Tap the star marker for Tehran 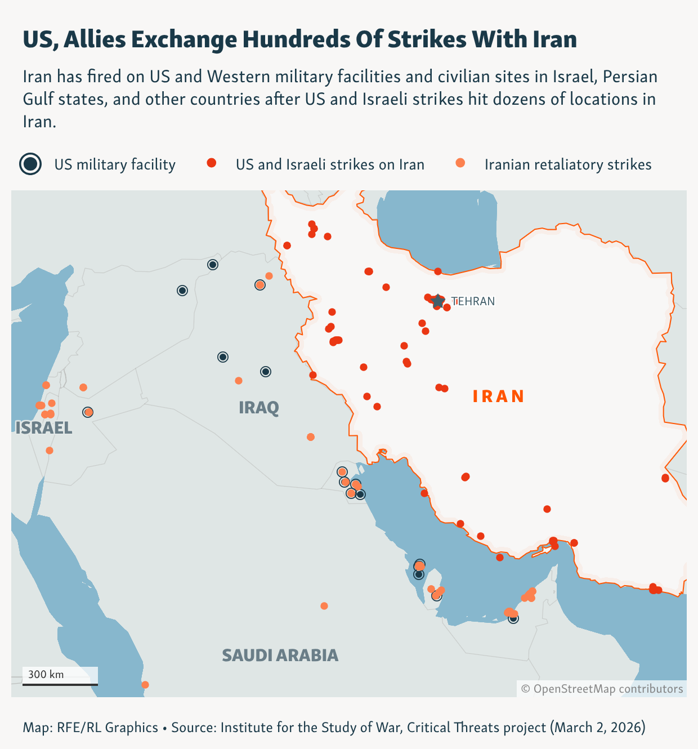[x=438, y=301]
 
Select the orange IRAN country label [x=499, y=396]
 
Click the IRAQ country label [x=259, y=407]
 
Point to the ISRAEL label [x=44, y=428]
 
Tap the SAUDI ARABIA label [x=280, y=655]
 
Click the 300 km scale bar [x=60, y=684]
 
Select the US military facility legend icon [x=30, y=164]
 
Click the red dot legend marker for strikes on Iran [x=212, y=163]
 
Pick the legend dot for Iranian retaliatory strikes [x=460, y=163]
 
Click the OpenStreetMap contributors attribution [x=602, y=689]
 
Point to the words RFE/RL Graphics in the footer [x=108, y=727]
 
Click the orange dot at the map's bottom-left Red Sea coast [x=145, y=685]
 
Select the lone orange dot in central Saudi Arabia [x=324, y=606]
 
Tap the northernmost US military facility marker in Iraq [x=213, y=265]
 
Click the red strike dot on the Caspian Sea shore [x=438, y=271]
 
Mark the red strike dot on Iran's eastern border [x=665, y=478]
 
